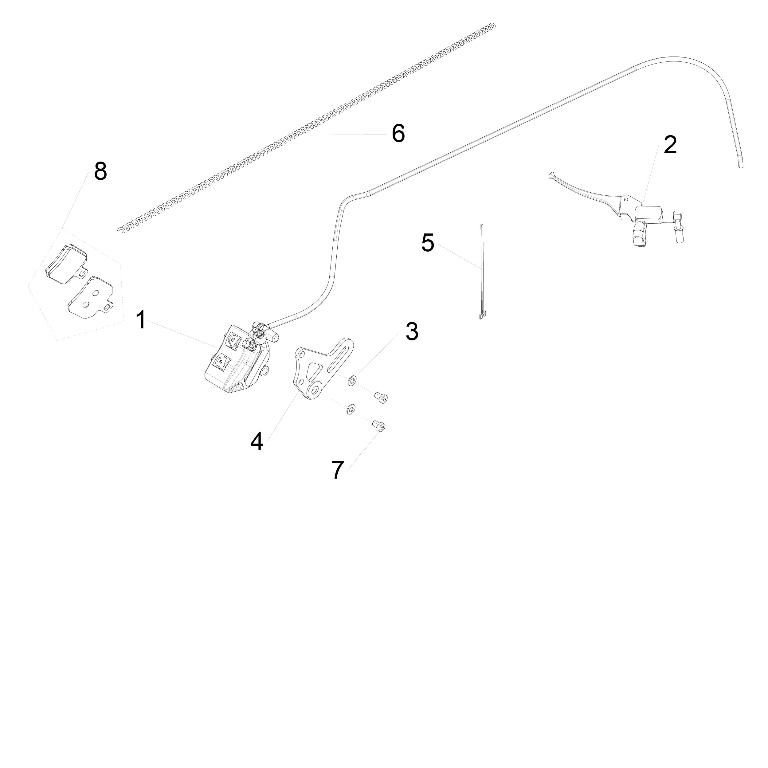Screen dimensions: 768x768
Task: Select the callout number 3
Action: click(x=412, y=331)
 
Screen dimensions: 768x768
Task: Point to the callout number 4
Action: click(x=257, y=442)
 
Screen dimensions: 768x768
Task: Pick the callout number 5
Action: click(x=428, y=243)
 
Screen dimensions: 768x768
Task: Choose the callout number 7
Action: click(x=338, y=470)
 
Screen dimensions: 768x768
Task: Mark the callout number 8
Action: click(x=100, y=171)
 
